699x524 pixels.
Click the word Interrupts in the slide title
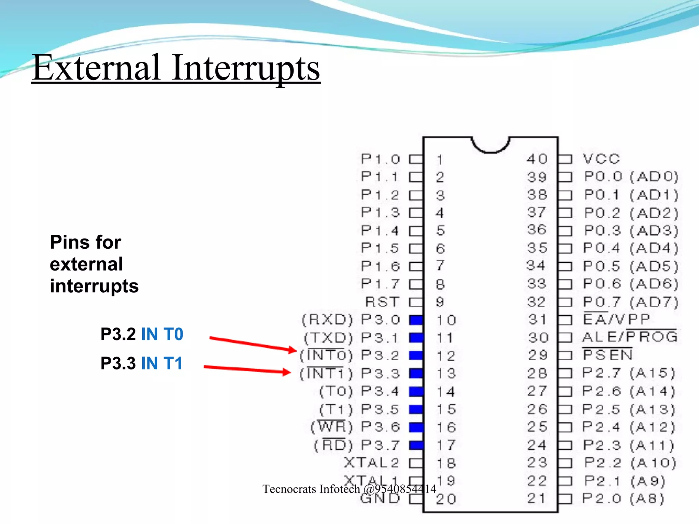(246, 68)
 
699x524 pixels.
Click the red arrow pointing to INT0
(253, 344)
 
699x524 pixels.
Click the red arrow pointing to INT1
(247, 369)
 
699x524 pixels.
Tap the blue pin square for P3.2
(416, 355)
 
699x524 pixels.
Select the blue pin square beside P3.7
(416, 445)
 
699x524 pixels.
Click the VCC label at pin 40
(601, 159)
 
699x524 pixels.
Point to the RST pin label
(382, 302)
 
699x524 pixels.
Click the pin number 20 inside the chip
(446, 499)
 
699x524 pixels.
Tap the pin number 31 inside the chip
(537, 320)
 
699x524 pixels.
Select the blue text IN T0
(162, 334)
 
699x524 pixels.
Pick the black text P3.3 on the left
(118, 363)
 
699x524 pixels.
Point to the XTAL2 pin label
(371, 463)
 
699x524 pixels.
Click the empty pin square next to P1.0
(416, 159)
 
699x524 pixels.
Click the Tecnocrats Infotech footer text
(349, 489)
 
